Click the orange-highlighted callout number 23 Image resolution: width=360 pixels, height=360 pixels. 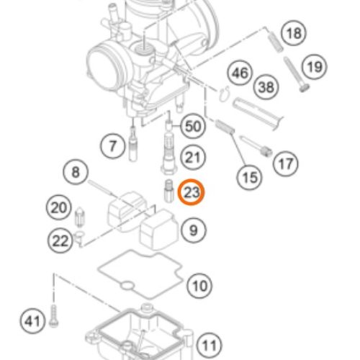point(191,192)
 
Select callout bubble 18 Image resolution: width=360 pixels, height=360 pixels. point(294,33)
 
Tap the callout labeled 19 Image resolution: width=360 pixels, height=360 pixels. point(315,67)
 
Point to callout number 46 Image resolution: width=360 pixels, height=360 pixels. point(240,73)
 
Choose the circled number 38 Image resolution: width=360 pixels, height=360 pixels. point(266,87)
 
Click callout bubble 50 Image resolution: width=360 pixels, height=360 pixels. point(193,126)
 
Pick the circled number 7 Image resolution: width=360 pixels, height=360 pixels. point(112,146)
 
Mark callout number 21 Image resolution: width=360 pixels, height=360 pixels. point(192,158)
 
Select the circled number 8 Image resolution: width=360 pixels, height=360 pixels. point(76,172)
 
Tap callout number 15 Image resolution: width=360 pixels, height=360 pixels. point(250,178)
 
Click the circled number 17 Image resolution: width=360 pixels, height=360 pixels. point(286,164)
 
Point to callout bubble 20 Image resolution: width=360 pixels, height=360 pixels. point(59,207)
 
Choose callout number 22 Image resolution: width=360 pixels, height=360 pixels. point(60,240)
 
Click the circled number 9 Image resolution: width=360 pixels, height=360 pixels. point(194,230)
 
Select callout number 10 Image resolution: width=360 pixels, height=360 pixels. point(199,286)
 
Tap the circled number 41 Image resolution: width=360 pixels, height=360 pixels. point(32,321)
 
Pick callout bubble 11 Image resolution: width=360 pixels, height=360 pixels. point(210,346)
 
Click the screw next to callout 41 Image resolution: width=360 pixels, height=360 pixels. point(53,316)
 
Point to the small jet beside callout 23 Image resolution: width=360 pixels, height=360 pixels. point(168,191)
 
